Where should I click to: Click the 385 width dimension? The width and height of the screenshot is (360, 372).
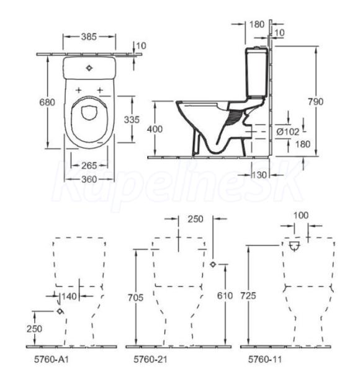[x=89, y=37]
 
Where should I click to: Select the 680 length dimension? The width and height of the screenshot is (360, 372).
[x=47, y=102]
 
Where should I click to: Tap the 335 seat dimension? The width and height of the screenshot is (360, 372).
[x=132, y=120]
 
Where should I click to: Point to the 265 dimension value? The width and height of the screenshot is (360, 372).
[x=89, y=166]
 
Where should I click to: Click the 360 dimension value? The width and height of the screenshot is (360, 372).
[x=89, y=179]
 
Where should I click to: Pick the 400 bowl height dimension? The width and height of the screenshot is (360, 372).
[x=155, y=130]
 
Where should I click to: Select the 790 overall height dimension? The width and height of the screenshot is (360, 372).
[x=315, y=102]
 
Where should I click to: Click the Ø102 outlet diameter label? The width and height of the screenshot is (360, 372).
[x=288, y=131]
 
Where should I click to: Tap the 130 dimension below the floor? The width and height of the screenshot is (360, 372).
[x=259, y=175]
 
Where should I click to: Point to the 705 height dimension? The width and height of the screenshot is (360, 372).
[x=135, y=298]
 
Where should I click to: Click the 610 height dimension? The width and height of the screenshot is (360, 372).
[x=225, y=296]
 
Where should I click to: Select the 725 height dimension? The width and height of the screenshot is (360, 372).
[x=248, y=296]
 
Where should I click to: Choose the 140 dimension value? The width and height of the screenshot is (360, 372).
[x=70, y=296]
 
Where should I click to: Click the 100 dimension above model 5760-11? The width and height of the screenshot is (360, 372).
[x=301, y=215]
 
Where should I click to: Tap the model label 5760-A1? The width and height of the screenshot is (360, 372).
[x=52, y=359]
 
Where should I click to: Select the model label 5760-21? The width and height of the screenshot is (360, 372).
[x=150, y=359]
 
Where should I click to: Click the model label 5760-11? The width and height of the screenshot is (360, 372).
[x=265, y=359]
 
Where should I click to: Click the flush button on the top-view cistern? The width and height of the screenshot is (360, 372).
[x=89, y=68]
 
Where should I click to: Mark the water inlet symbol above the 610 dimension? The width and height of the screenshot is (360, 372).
[x=213, y=264]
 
